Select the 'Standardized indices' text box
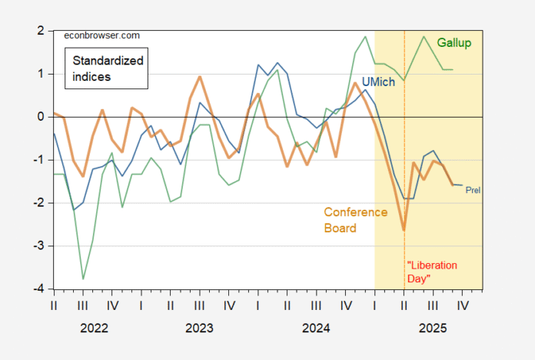(x=97, y=67)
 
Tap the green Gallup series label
(x=454, y=42)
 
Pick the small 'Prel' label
(x=473, y=190)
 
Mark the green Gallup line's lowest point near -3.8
(x=83, y=278)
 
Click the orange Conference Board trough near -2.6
(x=404, y=229)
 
